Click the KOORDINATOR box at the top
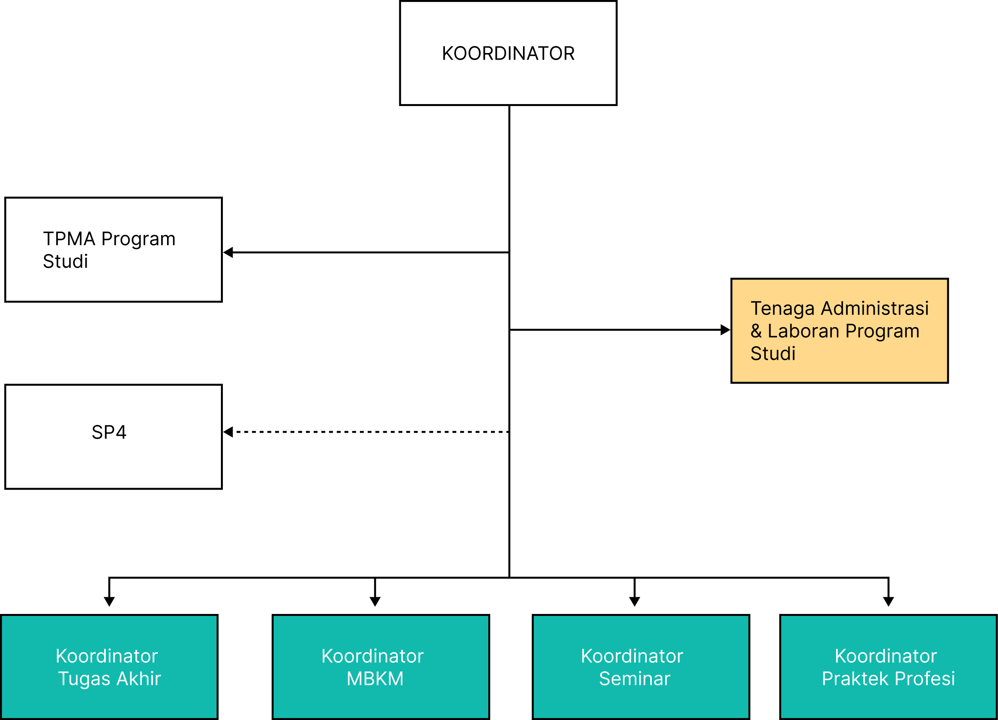tap(508, 53)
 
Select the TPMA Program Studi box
tap(113, 249)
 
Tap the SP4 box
tap(113, 437)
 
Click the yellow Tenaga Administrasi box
tap(839, 331)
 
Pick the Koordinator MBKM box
tap(381, 667)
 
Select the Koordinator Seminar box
tap(641, 667)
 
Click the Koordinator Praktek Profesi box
tap(888, 667)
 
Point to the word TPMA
tap(69, 239)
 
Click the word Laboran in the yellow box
tap(803, 331)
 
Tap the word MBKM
tap(375, 679)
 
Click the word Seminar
tap(635, 679)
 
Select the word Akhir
tap(139, 679)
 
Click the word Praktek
tap(856, 679)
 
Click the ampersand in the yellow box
tap(756, 331)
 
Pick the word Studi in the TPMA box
tap(65, 262)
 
